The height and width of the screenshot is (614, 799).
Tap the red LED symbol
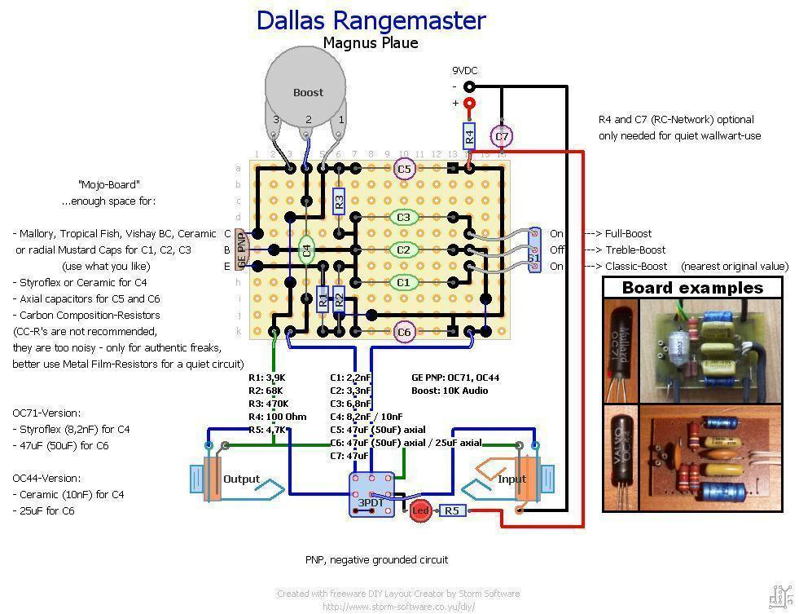pos(420,511)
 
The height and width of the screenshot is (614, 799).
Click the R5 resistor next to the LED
pos(452,511)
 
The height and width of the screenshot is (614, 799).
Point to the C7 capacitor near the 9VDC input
pos(502,136)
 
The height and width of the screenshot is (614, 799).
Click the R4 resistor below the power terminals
pos(469,133)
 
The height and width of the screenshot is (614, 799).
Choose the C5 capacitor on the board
pos(404,169)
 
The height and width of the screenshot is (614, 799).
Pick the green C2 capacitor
pos(403,250)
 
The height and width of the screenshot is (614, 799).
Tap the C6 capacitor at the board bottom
pos(404,332)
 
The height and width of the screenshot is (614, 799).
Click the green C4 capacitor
pos(306,250)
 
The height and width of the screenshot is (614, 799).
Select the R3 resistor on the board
pos(340,201)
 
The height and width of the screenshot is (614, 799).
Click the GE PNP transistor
pos(242,250)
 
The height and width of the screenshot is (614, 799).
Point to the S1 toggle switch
pos(534,250)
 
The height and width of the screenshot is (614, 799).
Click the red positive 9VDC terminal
pos(469,104)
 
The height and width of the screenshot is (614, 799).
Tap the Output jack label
pos(241,479)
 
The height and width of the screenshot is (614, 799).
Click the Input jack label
pos(511,479)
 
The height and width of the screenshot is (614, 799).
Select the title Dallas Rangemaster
pos(371,20)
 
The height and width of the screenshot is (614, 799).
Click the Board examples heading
pos(692,288)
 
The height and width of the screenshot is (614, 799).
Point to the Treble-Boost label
pos(635,250)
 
